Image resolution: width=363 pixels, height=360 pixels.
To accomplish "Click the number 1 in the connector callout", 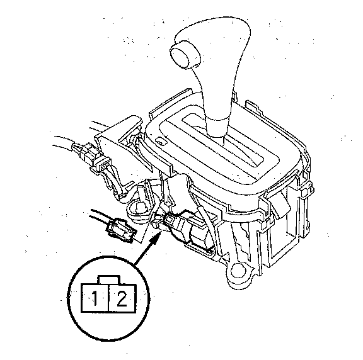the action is (95, 298).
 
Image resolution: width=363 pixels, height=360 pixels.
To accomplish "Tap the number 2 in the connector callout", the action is (122, 298).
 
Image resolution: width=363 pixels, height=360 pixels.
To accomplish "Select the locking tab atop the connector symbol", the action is (109, 280).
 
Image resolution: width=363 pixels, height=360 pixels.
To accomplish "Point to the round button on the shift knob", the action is (185, 54).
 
